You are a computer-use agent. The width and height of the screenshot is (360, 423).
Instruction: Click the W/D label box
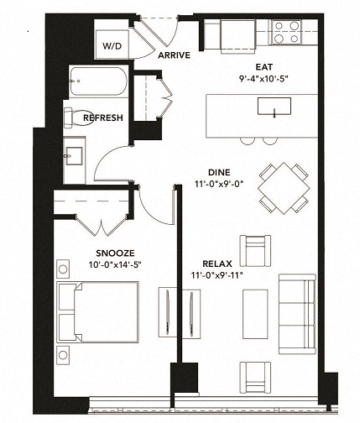click(111, 46)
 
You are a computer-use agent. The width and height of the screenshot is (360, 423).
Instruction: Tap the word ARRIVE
click(174, 55)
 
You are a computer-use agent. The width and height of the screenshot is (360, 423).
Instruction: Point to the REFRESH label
click(103, 118)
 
